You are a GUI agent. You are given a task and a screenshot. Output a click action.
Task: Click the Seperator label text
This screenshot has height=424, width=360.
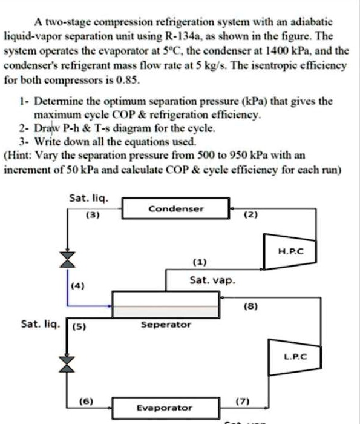click(165, 325)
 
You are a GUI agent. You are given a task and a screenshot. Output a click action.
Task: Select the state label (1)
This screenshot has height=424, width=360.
click(199, 263)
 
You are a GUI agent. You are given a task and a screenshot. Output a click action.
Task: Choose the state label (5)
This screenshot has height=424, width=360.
click(79, 330)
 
